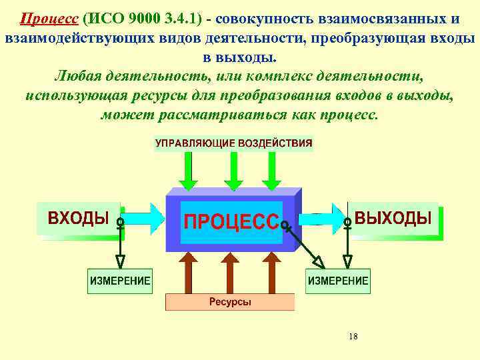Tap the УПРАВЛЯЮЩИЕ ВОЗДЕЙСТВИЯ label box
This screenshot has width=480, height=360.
click(x=234, y=143)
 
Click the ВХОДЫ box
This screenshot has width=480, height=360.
click(x=78, y=218)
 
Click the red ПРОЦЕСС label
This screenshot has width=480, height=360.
click(x=231, y=220)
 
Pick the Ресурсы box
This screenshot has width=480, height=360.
click(x=230, y=302)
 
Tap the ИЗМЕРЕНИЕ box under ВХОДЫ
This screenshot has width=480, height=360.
click(x=121, y=281)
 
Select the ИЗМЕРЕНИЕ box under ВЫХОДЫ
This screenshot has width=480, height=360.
click(x=337, y=281)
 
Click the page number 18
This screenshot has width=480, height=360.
click(x=353, y=337)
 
